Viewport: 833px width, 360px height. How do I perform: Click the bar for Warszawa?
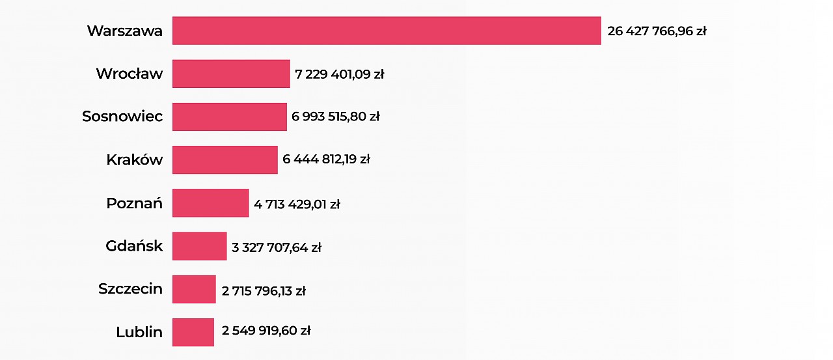(x=387, y=31)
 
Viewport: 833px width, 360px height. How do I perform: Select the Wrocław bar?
(x=231, y=74)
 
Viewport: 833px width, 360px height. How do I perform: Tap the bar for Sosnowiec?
(x=229, y=117)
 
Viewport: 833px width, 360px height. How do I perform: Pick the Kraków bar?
(x=225, y=159)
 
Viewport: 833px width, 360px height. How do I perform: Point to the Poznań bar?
(x=210, y=203)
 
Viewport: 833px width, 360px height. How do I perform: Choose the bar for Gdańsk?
(x=199, y=246)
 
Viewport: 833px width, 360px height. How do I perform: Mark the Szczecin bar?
(x=194, y=289)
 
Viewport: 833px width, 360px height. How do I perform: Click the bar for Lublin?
(x=193, y=332)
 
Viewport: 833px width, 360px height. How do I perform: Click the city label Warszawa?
(x=125, y=31)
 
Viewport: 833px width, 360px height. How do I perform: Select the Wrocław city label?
(x=129, y=74)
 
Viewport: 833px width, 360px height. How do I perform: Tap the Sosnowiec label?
(x=122, y=117)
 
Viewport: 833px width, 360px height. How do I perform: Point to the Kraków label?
(x=134, y=159)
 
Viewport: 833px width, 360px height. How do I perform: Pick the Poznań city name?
(x=134, y=203)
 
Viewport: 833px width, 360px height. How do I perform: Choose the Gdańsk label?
(x=134, y=246)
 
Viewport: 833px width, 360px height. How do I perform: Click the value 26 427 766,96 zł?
(x=657, y=31)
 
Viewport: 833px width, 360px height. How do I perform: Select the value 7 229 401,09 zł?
(x=340, y=74)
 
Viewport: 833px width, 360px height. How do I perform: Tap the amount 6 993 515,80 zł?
(x=336, y=117)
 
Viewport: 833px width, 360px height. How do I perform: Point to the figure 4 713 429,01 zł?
(x=297, y=204)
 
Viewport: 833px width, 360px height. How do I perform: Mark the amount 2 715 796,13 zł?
(x=264, y=290)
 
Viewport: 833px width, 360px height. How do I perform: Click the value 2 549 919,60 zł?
(x=266, y=331)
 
